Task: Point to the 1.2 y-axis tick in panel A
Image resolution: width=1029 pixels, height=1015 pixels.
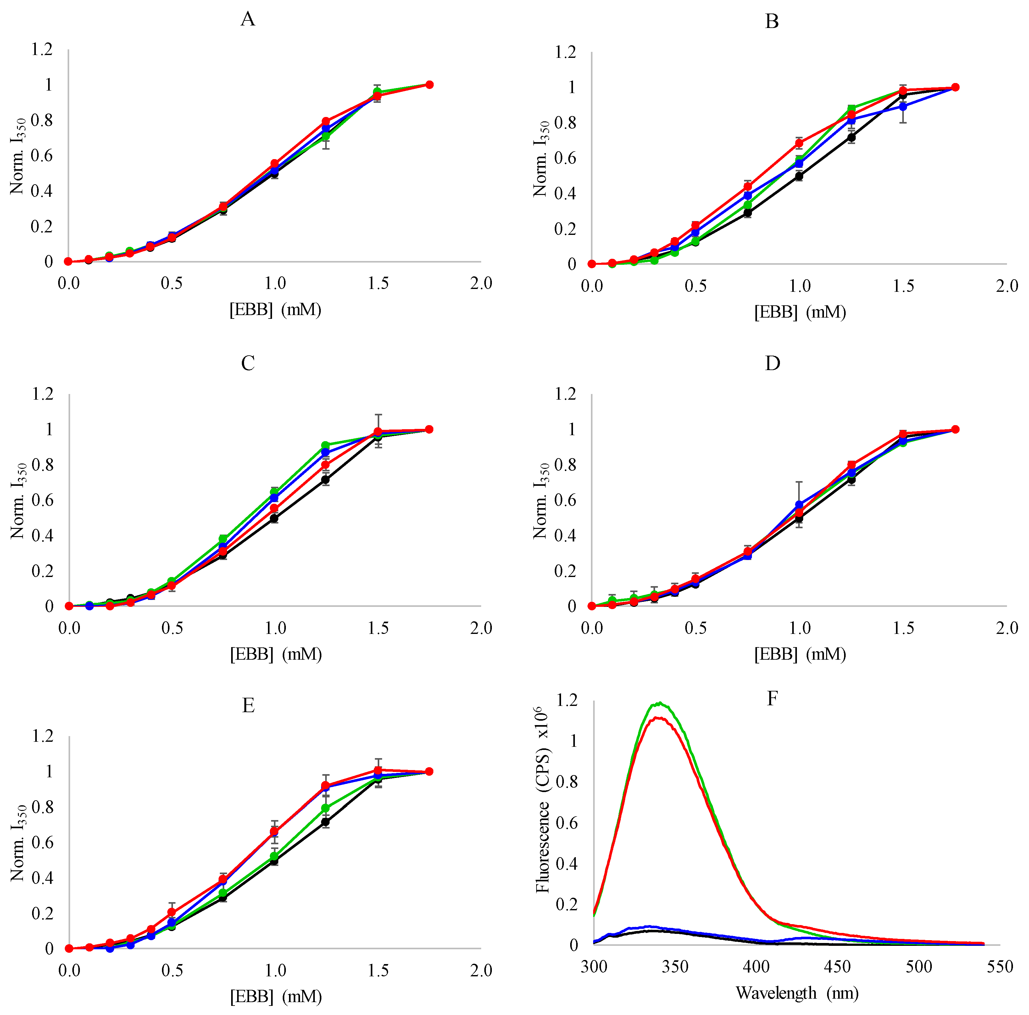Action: tap(42, 50)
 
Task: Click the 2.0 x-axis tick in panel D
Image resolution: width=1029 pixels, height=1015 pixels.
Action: tap(1006, 628)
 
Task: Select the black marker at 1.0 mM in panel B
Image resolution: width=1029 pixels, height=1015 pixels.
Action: tap(799, 176)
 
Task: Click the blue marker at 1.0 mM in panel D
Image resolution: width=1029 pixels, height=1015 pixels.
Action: tap(799, 504)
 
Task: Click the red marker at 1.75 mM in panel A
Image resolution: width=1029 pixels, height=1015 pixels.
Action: tap(429, 85)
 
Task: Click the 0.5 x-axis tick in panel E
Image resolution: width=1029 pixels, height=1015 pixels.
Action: tap(171, 970)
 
